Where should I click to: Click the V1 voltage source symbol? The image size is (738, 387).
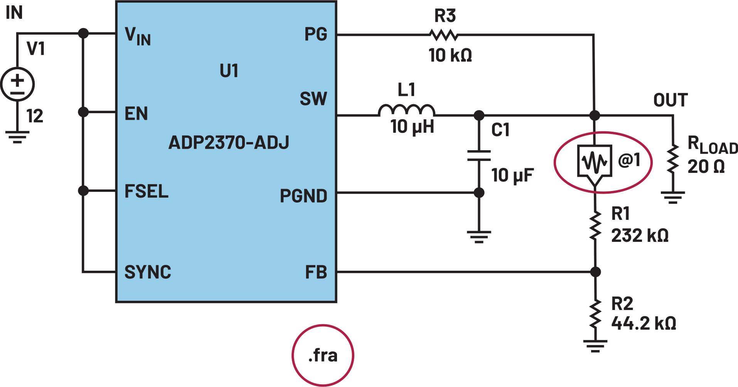point(17,84)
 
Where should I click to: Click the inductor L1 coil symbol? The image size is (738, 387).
point(406,110)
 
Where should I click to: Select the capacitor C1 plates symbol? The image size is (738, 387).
point(479,156)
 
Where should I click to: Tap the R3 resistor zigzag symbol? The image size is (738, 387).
point(444,35)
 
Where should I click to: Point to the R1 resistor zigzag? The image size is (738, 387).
point(595,226)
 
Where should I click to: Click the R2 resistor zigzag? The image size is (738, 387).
point(595,314)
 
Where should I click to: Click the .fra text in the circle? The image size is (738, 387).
point(323,355)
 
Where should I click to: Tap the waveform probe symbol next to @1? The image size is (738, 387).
point(595,162)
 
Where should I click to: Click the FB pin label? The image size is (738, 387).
point(316,272)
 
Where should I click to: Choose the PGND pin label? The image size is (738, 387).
point(303,196)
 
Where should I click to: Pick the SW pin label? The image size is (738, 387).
point(313,99)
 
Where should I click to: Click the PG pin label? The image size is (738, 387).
point(315,34)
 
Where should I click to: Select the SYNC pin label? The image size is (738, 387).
point(148,272)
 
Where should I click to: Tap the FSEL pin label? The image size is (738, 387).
point(147,191)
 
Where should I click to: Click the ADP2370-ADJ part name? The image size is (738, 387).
point(229,143)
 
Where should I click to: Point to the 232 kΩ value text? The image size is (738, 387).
point(640,236)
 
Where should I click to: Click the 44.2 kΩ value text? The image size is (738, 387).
point(644,323)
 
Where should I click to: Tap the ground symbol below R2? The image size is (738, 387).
point(595,345)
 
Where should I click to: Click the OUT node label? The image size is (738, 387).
point(670,100)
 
